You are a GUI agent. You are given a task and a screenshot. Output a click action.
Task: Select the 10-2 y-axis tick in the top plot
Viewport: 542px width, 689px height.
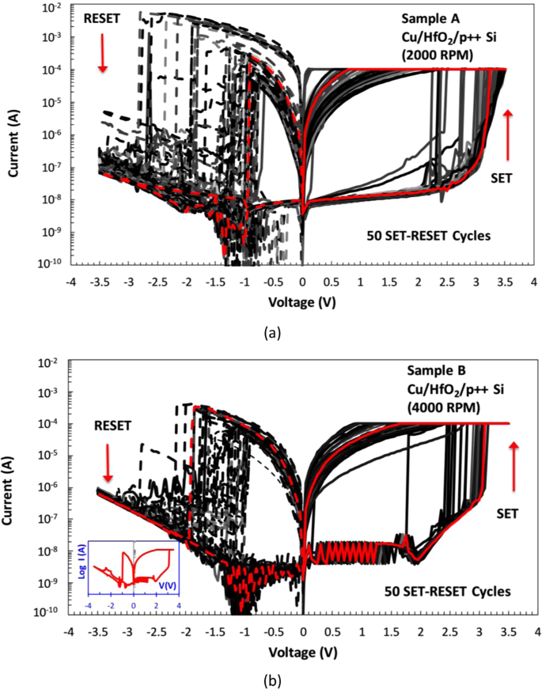[50, 8]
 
